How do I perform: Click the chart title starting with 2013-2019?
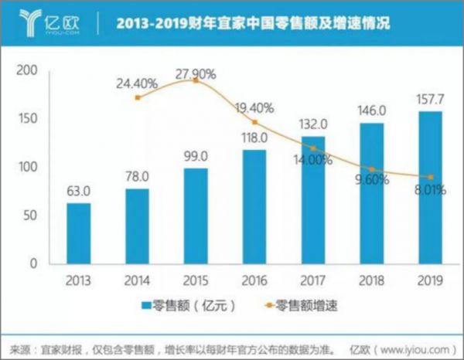click(252, 23)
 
